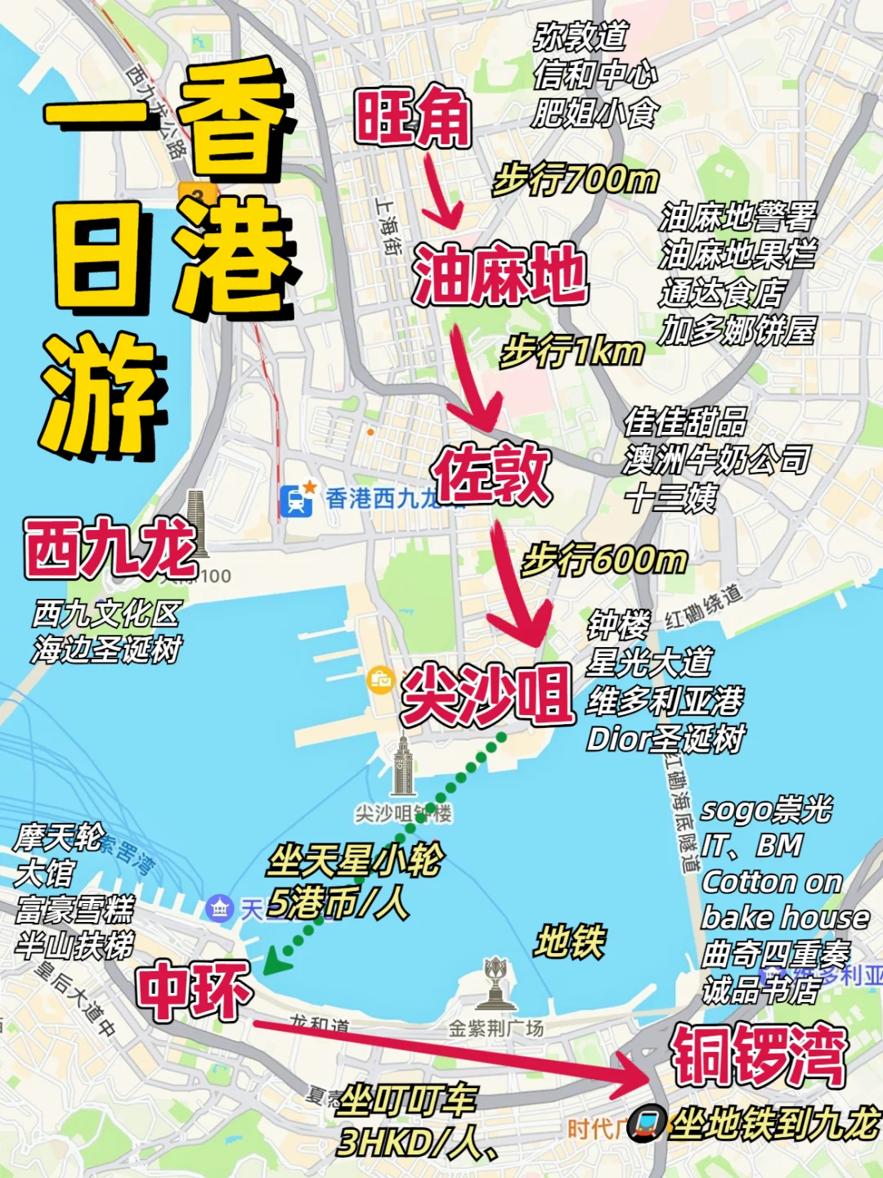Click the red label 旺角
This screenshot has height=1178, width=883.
413,117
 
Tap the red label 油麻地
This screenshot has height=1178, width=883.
500,275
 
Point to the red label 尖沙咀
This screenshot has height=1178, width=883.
487,695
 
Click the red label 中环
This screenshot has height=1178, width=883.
194,991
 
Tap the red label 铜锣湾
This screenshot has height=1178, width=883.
758,1055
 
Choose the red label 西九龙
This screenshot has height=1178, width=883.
110,547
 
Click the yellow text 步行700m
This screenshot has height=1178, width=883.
576,178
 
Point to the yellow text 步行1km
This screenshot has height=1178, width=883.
572,352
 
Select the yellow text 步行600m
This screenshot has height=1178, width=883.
604,560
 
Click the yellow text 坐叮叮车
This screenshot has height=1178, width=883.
406,1100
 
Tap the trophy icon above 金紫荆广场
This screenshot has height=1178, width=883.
495,982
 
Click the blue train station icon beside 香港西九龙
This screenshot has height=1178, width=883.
296,499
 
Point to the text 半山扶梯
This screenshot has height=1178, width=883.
74,946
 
